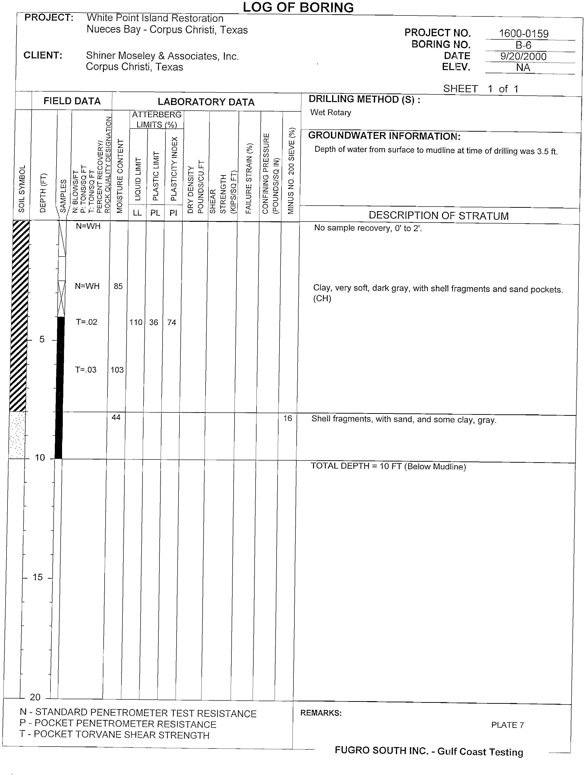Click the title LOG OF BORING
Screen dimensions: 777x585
point(298,7)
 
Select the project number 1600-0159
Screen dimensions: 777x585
point(524,34)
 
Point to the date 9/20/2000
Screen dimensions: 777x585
point(523,56)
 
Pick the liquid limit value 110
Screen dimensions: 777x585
point(136,322)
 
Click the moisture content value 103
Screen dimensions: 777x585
point(117,369)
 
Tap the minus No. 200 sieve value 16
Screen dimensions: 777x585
point(288,418)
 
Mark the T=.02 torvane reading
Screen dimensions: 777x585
point(86,322)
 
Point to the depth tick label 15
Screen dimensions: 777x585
point(38,577)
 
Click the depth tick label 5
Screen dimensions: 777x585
point(42,339)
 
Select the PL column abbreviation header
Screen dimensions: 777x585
point(155,213)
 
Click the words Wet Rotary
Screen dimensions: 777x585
point(330,112)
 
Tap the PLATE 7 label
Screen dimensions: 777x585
point(507,725)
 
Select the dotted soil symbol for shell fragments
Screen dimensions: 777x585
point(17,435)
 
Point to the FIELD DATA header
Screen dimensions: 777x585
point(72,101)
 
